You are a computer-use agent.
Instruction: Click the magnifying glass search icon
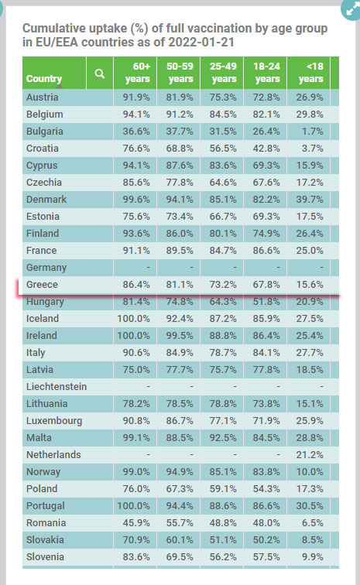click(x=99, y=73)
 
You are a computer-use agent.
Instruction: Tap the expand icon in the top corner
click(x=351, y=9)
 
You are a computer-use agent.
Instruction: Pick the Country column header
click(x=44, y=79)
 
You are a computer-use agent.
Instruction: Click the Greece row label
click(x=42, y=285)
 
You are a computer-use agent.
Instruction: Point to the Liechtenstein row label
click(x=57, y=387)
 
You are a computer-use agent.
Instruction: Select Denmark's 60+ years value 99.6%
click(x=136, y=199)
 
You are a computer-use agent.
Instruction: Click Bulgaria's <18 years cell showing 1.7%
click(x=313, y=132)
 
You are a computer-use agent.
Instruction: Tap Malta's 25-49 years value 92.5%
click(x=223, y=438)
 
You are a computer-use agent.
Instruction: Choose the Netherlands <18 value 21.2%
click(x=310, y=455)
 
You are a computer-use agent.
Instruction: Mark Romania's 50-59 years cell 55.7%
click(x=180, y=522)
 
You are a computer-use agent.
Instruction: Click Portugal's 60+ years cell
click(x=133, y=506)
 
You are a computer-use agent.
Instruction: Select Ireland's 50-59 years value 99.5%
click(x=180, y=335)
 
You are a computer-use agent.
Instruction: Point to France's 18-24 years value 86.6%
click(x=266, y=251)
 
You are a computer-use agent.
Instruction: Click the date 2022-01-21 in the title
click(x=201, y=42)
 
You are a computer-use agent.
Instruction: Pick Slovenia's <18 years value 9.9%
click(x=313, y=557)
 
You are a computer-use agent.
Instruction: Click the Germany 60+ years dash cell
click(x=148, y=268)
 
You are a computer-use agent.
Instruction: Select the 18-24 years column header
click(x=266, y=73)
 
